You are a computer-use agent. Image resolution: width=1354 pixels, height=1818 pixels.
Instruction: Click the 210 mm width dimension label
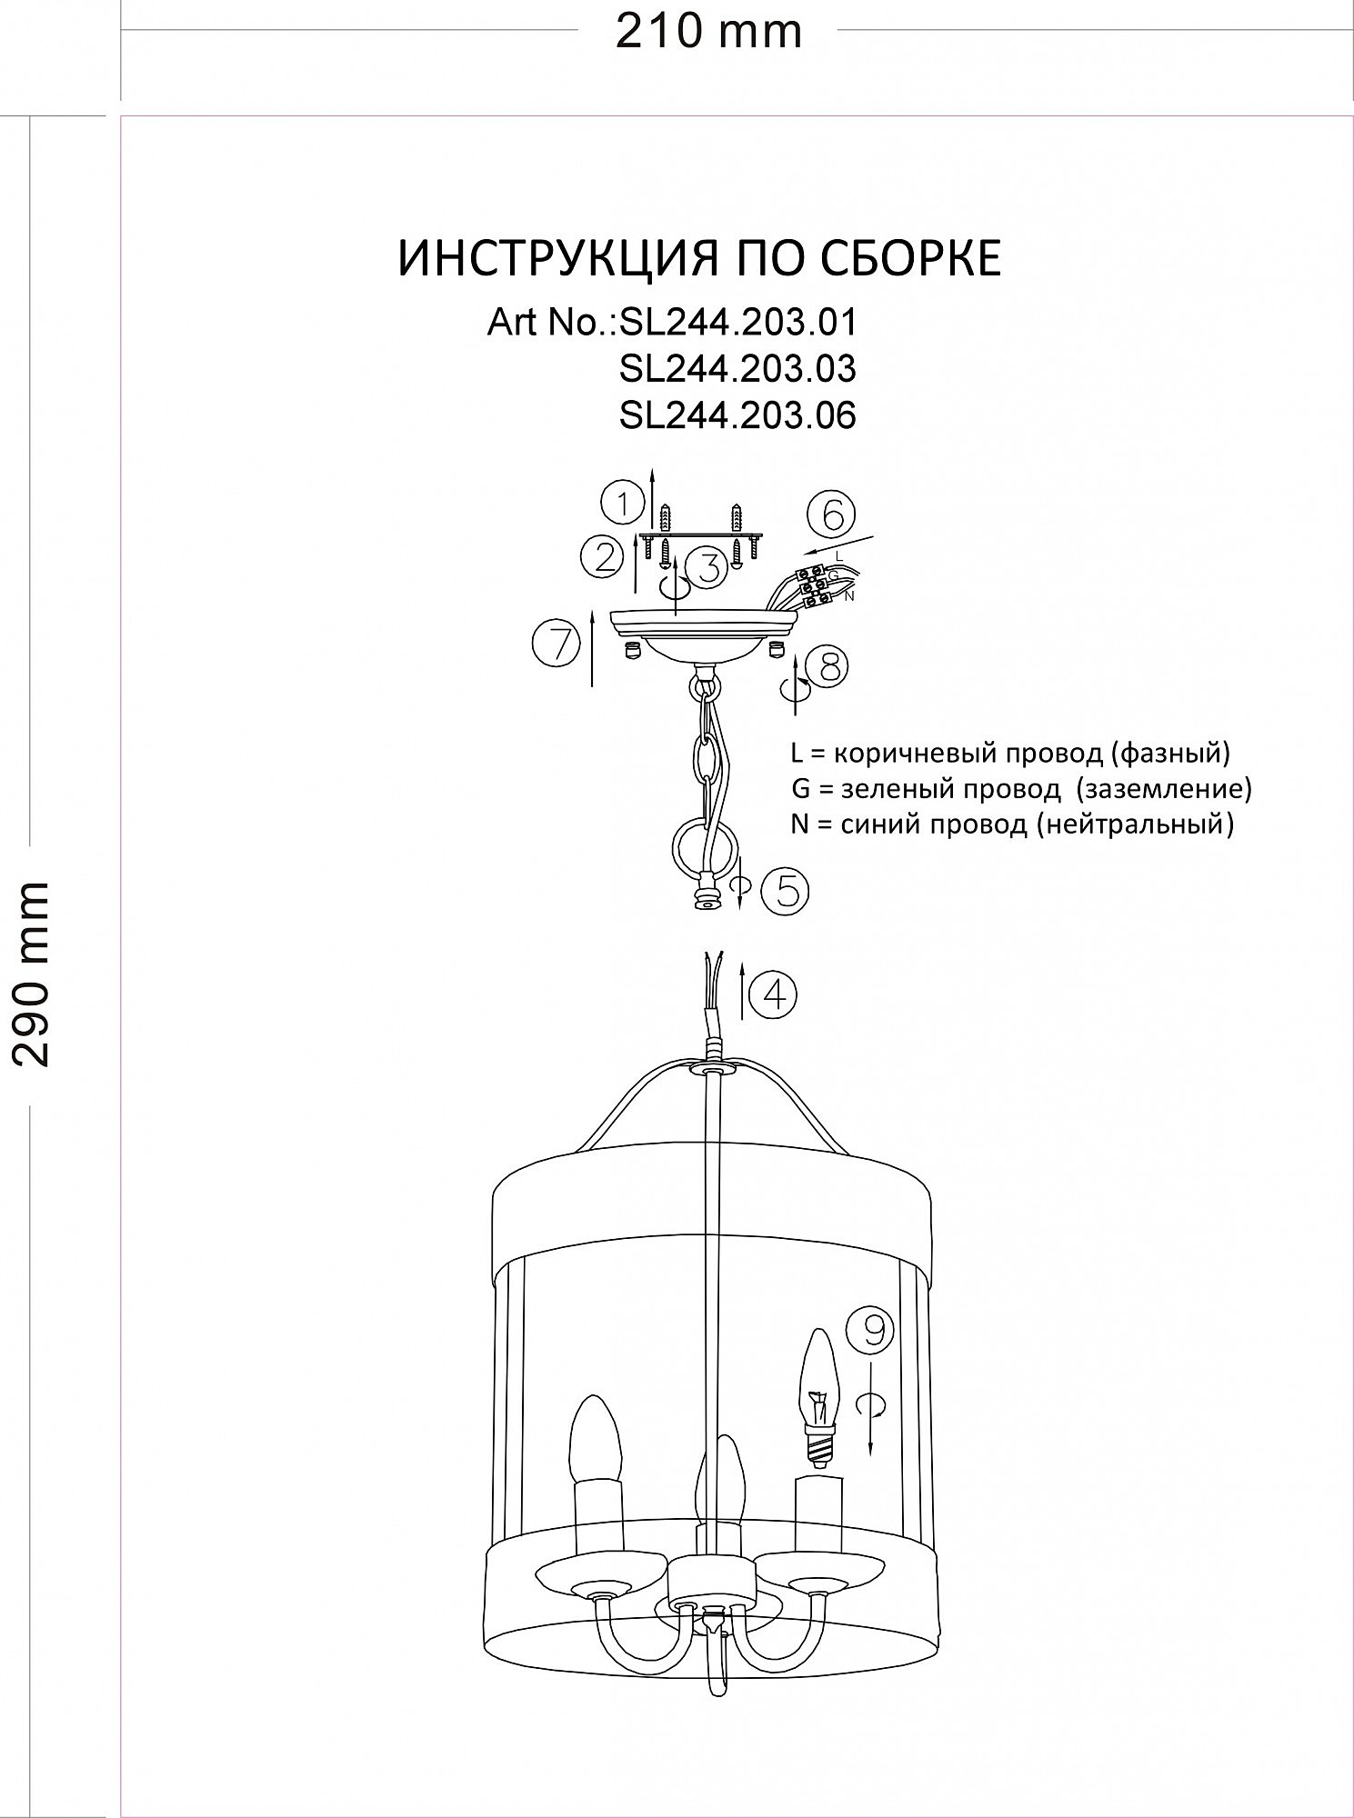point(707,33)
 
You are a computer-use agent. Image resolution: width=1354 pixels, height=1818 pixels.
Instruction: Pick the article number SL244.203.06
point(737,415)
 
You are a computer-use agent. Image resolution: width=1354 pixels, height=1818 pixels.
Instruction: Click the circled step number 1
point(623,503)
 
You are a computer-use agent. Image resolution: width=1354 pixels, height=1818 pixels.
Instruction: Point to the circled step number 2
point(606,556)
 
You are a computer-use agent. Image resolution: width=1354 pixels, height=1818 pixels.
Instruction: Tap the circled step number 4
point(774,994)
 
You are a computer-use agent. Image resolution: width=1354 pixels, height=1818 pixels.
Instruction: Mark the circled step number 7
point(557,644)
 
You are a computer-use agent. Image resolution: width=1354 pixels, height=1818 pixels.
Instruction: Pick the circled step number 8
point(827,666)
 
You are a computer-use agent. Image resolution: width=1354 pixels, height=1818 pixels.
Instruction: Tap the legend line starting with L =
point(1009,754)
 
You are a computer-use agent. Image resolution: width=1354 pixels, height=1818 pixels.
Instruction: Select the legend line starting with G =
point(1020,788)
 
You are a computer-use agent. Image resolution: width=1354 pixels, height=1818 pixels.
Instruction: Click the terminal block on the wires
point(818,584)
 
